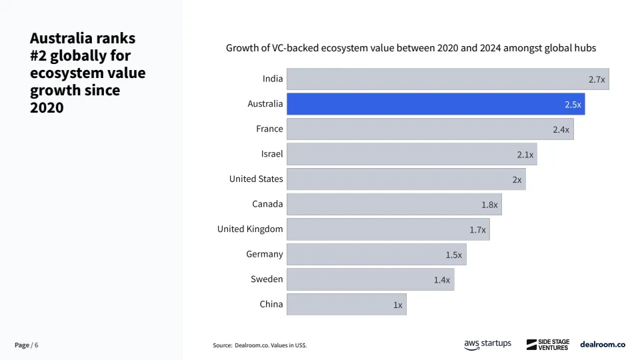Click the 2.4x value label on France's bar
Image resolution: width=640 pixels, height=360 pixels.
[561, 129]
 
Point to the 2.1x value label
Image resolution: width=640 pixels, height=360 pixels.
[525, 155]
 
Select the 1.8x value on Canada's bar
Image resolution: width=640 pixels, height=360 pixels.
[489, 205]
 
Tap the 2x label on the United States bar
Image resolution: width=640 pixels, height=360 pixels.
[517, 180]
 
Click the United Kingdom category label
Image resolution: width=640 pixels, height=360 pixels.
[250, 229]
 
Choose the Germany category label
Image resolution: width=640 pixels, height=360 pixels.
[265, 254]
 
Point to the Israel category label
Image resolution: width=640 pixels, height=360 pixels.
[272, 154]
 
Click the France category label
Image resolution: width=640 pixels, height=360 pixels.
[269, 129]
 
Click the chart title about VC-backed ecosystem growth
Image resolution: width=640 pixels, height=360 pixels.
[411, 48]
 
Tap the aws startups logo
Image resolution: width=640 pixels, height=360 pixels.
[487, 344]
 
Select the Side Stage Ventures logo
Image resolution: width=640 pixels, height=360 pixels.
[547, 345]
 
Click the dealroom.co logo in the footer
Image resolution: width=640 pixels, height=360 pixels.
[603, 345]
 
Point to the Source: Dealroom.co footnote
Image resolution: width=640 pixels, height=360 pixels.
[260, 345]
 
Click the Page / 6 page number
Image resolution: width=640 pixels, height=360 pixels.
[27, 345]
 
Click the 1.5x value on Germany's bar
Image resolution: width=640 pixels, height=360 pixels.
[454, 255]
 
